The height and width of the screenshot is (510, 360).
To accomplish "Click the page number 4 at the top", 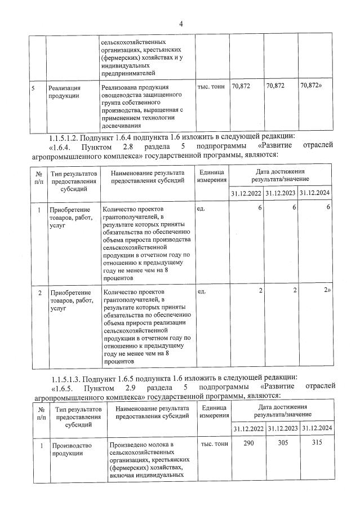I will tap(181, 24).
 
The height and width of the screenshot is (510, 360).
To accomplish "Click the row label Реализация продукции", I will tap(64, 91).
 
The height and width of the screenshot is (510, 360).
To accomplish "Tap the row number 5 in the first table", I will tap(33, 88).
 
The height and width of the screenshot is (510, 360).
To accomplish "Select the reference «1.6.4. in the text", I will tap(64, 146).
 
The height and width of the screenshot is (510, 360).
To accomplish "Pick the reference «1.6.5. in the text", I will tap(65, 386).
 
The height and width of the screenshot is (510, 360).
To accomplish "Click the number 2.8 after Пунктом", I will tap(129, 146).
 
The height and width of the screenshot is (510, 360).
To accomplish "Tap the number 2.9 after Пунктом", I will tap(130, 386).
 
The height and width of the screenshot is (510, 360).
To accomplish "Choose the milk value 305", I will tap(282, 444).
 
